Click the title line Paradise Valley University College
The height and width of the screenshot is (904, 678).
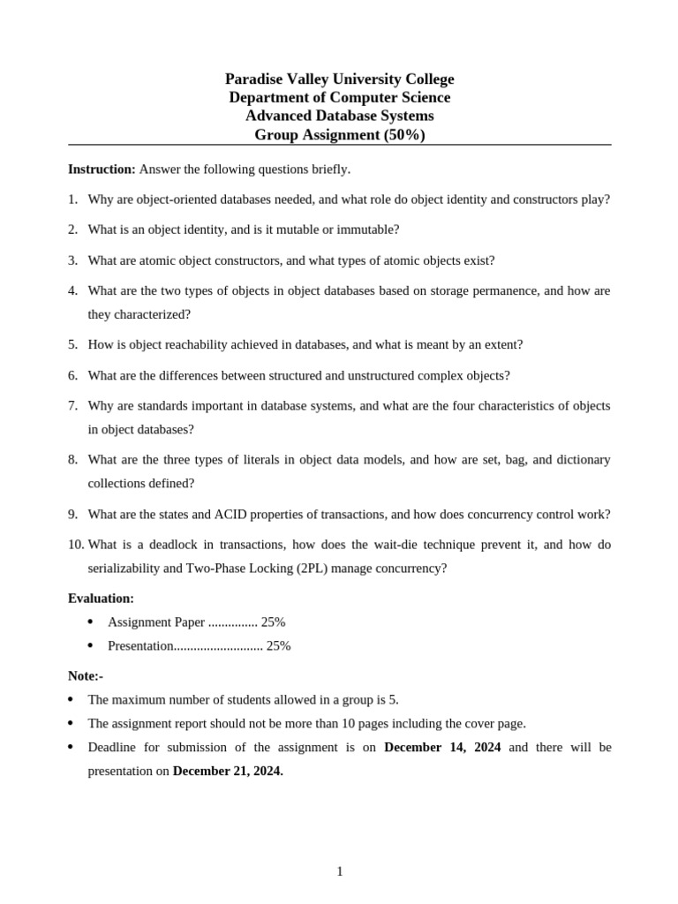[x=339, y=79]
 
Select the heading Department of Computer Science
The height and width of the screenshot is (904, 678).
[x=339, y=98]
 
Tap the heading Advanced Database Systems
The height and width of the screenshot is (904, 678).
[x=339, y=117]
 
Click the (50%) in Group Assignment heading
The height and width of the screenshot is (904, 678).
[x=404, y=135]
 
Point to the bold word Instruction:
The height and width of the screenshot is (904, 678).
[x=102, y=169]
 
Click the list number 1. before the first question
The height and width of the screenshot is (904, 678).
[x=73, y=200]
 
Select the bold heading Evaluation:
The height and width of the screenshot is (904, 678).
[x=101, y=599]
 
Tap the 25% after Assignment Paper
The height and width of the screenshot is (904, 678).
[x=273, y=622]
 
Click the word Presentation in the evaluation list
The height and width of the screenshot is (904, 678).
[x=140, y=646]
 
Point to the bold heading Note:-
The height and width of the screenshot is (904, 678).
[x=86, y=676]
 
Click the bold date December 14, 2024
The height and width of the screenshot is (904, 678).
[x=442, y=748]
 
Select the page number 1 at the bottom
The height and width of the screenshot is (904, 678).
[x=340, y=872]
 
